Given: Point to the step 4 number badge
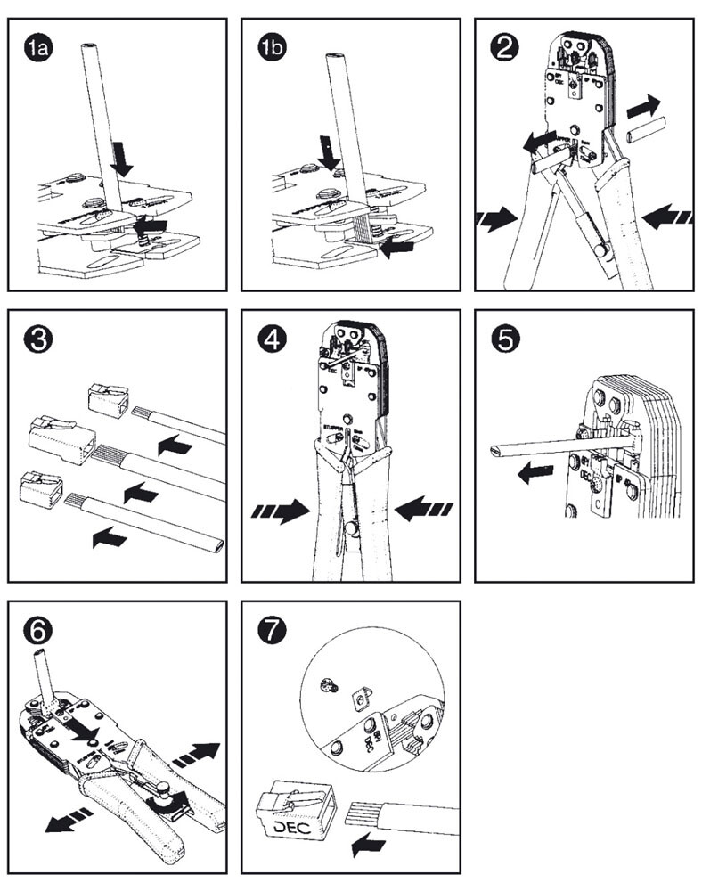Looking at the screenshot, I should pyautogui.click(x=272, y=339).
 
